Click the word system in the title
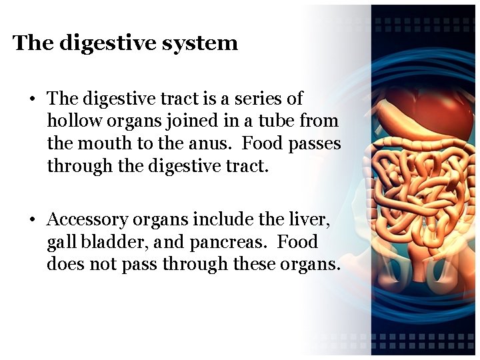[x=204, y=43]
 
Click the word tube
[x=275, y=121]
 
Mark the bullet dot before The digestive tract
[x=31, y=99]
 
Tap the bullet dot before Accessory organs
[x=31, y=220]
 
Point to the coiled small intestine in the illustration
[x=413, y=193]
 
